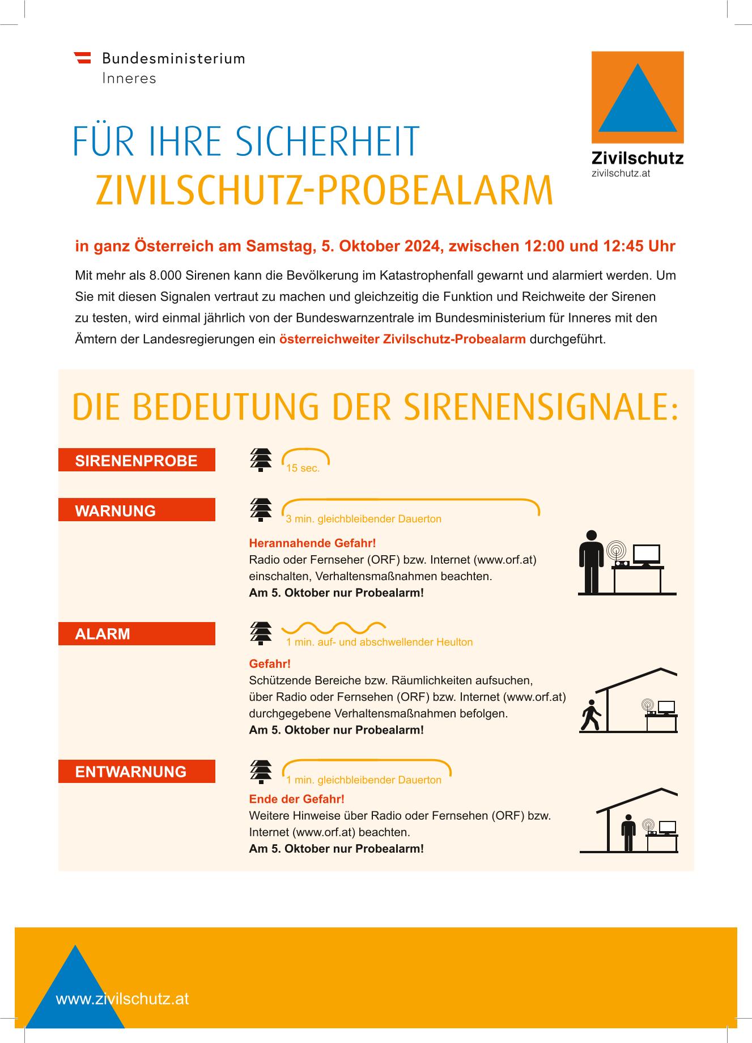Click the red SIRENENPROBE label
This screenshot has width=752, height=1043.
[x=137, y=460]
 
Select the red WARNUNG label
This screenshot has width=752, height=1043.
[x=137, y=510]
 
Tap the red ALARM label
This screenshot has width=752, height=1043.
[x=137, y=633]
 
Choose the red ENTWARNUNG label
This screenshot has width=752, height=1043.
[x=137, y=771]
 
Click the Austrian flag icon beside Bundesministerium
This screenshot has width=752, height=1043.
[x=83, y=57]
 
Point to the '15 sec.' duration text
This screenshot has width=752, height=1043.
[x=303, y=469]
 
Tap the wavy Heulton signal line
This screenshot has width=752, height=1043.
[x=334, y=627]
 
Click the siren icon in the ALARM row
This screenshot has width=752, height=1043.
[x=261, y=633]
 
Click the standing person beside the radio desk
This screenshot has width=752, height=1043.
[x=591, y=561]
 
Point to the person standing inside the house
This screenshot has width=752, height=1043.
[x=628, y=833]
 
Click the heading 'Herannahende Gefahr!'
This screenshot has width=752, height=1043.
[x=312, y=543]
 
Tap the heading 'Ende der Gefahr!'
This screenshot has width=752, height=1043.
[x=296, y=799]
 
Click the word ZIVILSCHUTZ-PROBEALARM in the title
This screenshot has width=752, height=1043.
[x=324, y=190]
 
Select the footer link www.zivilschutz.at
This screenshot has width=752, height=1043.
[x=122, y=998]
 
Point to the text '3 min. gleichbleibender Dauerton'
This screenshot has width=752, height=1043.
[x=363, y=519]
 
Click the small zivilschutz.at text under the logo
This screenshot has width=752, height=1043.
[x=621, y=173]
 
